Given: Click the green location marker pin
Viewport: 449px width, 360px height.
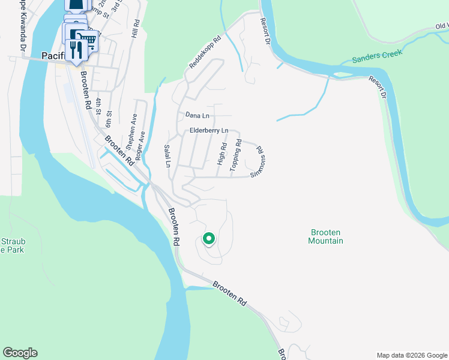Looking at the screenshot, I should pyautogui.click(x=209, y=239).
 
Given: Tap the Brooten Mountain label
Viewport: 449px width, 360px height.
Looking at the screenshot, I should pyautogui.click(x=326, y=236).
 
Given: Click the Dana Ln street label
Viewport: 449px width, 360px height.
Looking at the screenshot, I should pyautogui.click(x=197, y=115).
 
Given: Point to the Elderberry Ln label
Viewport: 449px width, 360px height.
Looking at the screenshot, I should pyautogui.click(x=209, y=130).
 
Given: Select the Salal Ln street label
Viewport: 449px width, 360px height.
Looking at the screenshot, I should pyautogui.click(x=168, y=156).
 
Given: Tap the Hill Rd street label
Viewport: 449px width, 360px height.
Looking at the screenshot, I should pyautogui.click(x=136, y=29).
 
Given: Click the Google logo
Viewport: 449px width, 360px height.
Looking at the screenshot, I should pyautogui.click(x=20, y=353).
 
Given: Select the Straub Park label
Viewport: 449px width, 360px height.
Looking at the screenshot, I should pyautogui.click(x=12, y=245).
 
